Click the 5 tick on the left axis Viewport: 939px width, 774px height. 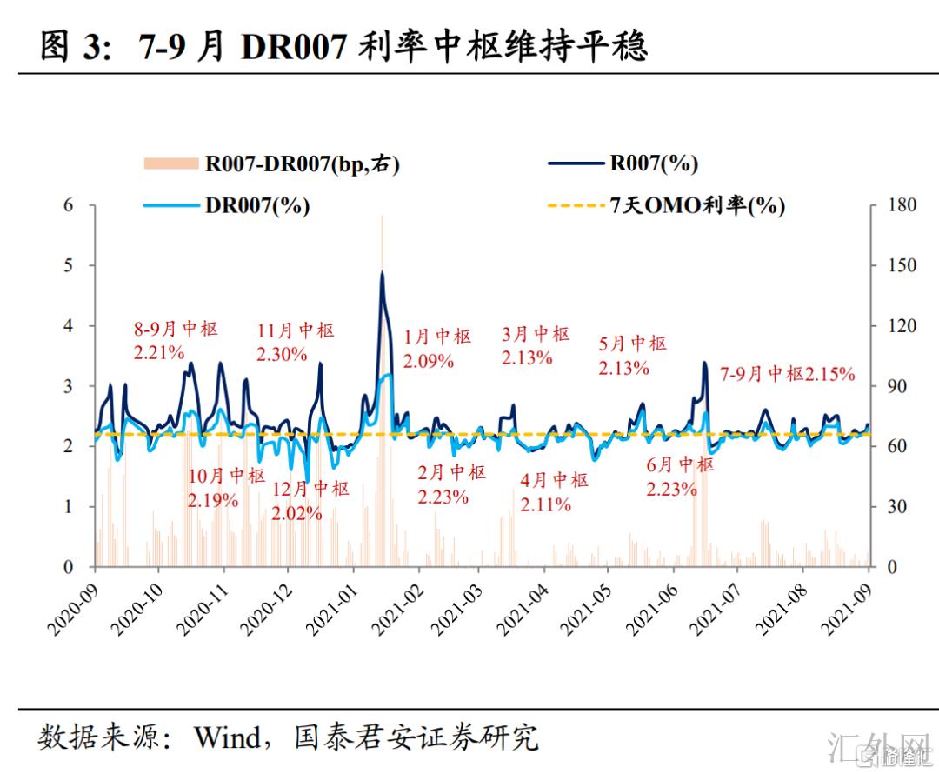pos(67,265)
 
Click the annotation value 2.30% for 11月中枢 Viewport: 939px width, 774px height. pos(281,354)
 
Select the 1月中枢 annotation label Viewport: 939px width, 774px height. pos(438,337)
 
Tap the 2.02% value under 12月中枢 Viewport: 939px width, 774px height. pos(296,513)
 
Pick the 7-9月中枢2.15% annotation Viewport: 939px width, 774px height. pos(788,375)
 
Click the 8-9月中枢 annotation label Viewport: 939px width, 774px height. pos(176,330)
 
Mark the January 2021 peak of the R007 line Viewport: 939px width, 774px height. pos(382,273)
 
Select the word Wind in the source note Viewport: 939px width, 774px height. pos(226,737)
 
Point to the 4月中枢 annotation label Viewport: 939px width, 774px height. pos(555,480)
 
